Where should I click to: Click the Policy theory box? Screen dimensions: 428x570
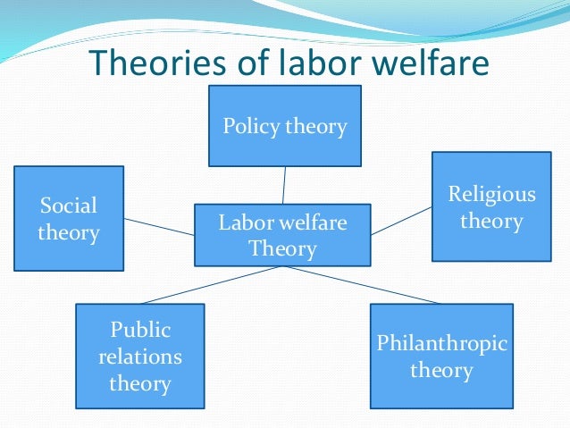click(x=285, y=126)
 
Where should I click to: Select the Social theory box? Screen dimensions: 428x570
click(x=69, y=220)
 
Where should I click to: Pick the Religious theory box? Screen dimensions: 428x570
click(x=491, y=206)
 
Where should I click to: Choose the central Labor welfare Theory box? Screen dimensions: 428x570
click(x=282, y=234)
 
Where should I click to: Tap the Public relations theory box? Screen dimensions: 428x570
click(x=139, y=357)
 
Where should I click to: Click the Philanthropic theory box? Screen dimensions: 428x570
click(x=441, y=357)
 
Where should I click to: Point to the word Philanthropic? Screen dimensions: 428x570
click(x=441, y=343)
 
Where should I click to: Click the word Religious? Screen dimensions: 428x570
click(x=491, y=194)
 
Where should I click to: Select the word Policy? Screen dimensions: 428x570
click(x=251, y=126)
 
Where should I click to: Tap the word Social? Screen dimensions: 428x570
click(x=69, y=206)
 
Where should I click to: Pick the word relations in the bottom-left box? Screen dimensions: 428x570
click(x=139, y=357)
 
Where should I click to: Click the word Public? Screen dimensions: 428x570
click(x=140, y=331)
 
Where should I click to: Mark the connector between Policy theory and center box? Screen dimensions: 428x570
click(x=284, y=185)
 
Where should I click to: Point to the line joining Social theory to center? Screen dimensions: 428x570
click(x=159, y=226)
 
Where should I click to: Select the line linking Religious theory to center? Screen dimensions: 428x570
click(x=402, y=220)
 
